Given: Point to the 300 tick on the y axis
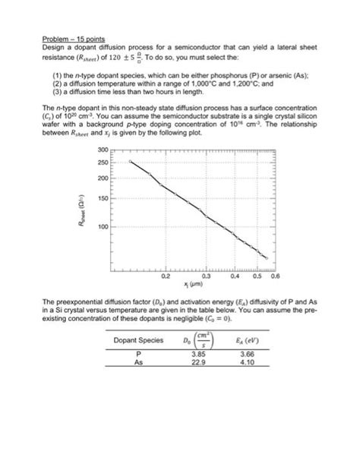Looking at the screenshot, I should [x=103, y=151].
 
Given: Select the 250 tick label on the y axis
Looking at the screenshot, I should [x=103, y=162].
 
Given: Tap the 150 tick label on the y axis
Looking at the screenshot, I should [x=103, y=198].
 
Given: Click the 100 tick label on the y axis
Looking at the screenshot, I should [x=103, y=227].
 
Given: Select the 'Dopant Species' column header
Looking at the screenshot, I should [x=139, y=340].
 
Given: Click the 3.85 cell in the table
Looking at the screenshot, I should [x=198, y=354].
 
